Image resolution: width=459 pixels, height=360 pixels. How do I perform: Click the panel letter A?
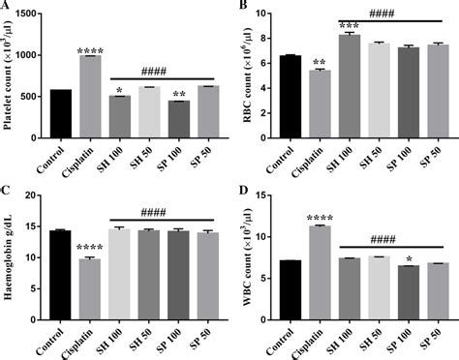click(7, 8)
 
